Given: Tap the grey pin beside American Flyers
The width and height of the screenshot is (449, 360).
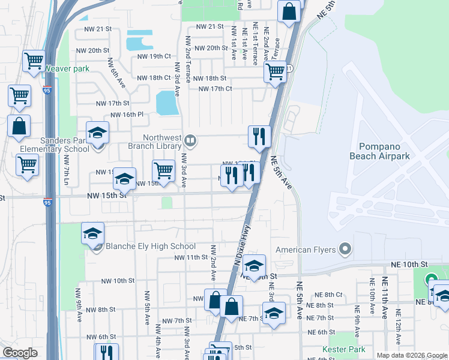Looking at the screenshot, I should tap(345, 248).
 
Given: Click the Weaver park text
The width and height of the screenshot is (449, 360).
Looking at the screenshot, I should tap(66, 69).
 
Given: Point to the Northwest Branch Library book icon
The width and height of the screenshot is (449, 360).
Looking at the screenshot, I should tap(190, 140).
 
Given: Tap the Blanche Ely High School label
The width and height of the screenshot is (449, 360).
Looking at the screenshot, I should tap(150, 246).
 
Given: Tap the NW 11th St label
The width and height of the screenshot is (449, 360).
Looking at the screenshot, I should tap(190, 257).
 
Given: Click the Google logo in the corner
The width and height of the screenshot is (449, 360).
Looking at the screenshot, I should tap(20, 353).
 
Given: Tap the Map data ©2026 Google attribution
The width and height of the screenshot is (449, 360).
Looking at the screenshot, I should tap(411, 355).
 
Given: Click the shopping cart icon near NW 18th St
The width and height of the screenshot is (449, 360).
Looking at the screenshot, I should tap(275, 72).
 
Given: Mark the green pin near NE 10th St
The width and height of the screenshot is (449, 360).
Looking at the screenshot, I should tap(430, 280).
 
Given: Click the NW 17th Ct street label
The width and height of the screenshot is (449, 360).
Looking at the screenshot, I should tap(215, 89).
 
